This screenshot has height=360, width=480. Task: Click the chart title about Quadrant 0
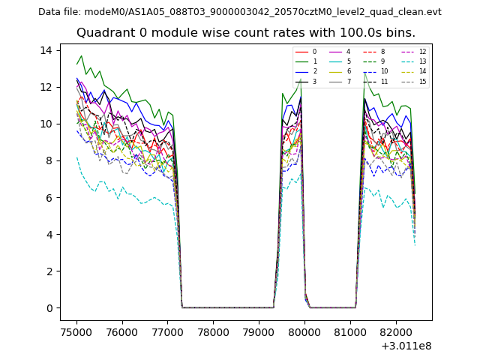tap(245, 33)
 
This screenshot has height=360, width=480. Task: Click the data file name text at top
tap(239, 11)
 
